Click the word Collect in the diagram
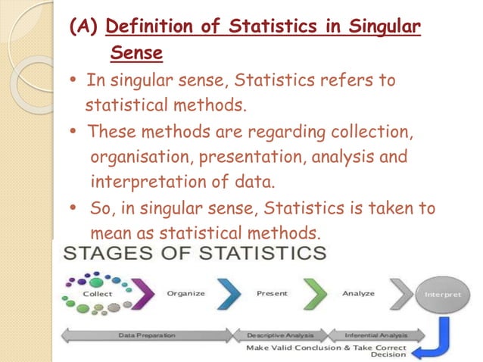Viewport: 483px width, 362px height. [98, 293]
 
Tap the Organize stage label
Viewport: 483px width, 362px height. [186, 292]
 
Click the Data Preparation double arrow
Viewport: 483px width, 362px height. [148, 334]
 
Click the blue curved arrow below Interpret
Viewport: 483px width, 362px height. [443, 338]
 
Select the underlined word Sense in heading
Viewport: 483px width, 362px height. [137, 53]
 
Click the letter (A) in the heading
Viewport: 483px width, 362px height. [84, 29]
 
